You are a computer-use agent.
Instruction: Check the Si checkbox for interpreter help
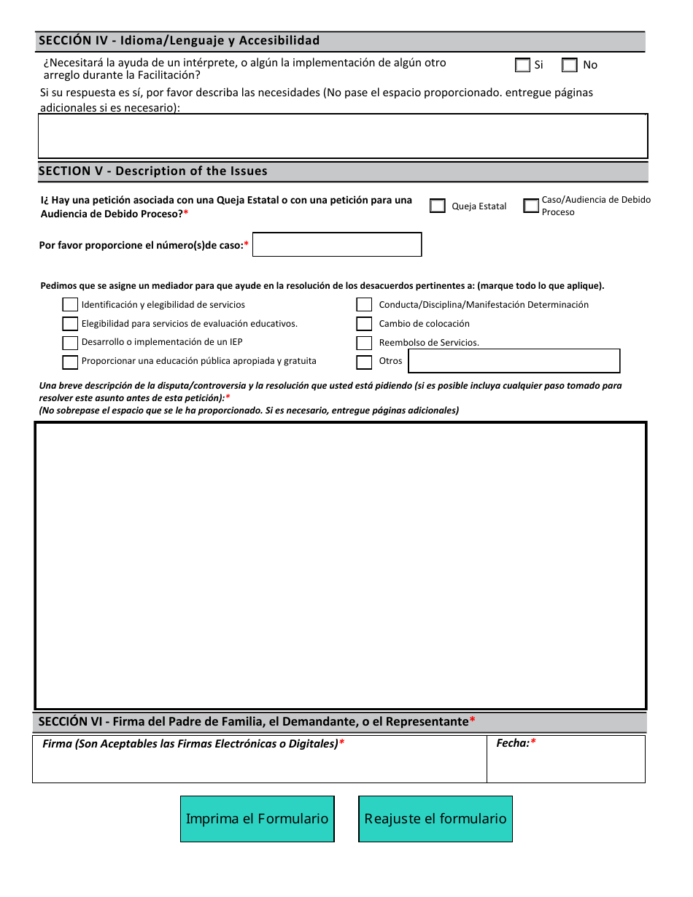coord(522,65)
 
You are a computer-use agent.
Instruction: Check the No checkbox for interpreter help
coord(570,65)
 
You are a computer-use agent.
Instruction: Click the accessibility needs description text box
coord(342,136)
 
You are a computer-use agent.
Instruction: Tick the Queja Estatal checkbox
coord(438,206)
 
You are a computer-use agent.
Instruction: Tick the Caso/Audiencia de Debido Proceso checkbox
coord(531,206)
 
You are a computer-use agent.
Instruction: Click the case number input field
coord(337,244)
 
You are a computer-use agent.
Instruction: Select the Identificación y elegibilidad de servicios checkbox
coord(70,305)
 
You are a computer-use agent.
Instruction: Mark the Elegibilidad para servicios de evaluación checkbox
coord(70,324)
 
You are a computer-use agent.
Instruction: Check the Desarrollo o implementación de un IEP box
coord(70,343)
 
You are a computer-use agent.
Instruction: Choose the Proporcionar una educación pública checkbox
coord(70,362)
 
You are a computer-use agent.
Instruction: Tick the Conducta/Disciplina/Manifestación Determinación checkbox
coord(364,305)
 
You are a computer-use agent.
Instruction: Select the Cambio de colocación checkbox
coord(364,324)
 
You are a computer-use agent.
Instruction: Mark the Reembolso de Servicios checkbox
coord(364,343)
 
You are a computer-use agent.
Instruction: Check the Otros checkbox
coord(364,362)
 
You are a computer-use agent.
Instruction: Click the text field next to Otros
coord(514,361)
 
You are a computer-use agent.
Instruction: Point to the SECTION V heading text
coord(153,171)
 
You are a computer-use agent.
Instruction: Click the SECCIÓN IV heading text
coord(179,41)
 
